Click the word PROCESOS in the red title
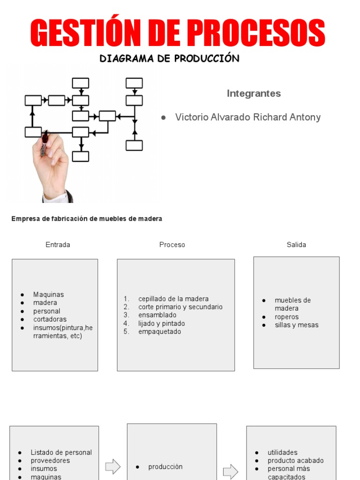(x=256, y=33)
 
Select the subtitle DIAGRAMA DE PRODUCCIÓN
(x=169, y=58)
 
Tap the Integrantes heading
(x=254, y=93)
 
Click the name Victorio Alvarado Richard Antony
(x=248, y=117)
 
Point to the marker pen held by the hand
(x=45, y=143)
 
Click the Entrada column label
(x=58, y=245)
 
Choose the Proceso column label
(x=172, y=245)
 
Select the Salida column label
(x=296, y=245)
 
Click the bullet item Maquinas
(x=48, y=294)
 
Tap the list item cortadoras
(x=50, y=319)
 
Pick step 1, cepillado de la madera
(x=173, y=299)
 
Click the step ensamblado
(x=157, y=315)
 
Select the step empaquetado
(x=159, y=331)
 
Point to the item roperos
(x=286, y=317)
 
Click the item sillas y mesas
(x=297, y=325)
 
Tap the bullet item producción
(x=165, y=467)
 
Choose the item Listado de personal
(x=61, y=452)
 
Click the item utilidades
(x=283, y=452)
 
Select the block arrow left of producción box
(x=112, y=466)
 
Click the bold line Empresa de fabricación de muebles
(x=87, y=218)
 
